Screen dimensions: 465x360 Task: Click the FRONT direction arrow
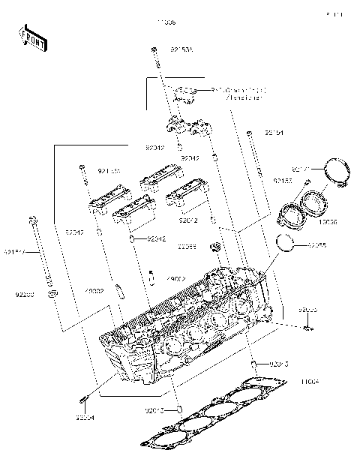click(33, 38)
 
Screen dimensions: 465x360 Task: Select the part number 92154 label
click(274, 133)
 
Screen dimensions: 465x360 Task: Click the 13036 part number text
click(328, 222)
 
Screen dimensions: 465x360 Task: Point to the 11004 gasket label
click(310, 382)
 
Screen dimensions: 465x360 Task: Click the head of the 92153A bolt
click(154, 49)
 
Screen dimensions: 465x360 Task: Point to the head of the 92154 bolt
click(248, 133)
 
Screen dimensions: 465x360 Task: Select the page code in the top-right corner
click(334, 14)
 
